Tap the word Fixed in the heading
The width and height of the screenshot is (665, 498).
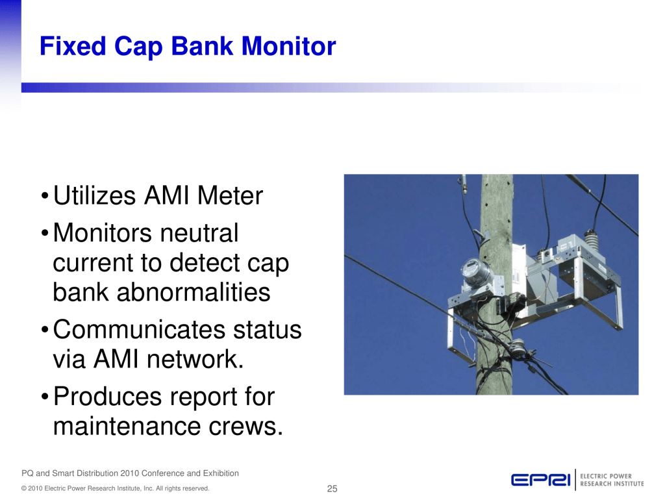pos(73,46)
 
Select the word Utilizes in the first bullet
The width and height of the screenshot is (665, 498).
pos(94,195)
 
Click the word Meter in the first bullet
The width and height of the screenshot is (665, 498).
pos(231,195)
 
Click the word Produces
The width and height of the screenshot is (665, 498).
pos(107,396)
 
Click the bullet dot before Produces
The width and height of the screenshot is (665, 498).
pos(45,398)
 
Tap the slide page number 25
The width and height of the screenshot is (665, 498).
pos(332,489)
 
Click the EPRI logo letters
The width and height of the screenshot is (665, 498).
pos(541,480)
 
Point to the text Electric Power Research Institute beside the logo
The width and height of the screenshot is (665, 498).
pos(612,480)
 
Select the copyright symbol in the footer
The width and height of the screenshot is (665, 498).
pos(24,489)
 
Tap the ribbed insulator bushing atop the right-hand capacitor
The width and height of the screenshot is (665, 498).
pos(591,242)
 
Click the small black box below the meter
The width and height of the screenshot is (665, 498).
pos(510,303)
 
